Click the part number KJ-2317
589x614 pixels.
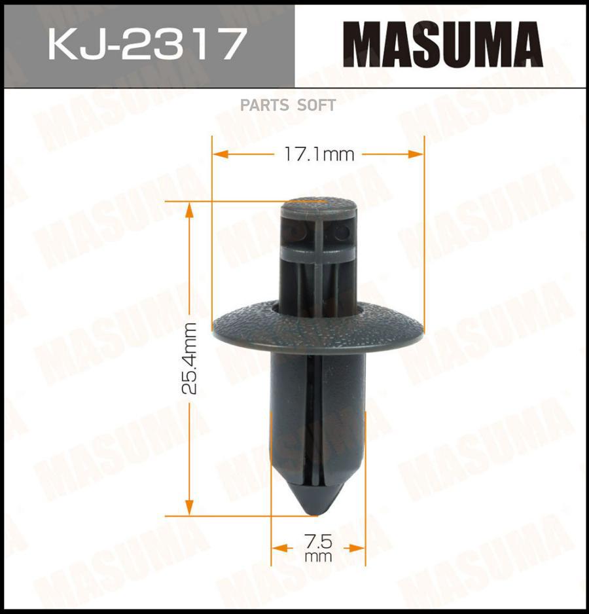point(148,43)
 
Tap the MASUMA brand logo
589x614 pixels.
point(442,44)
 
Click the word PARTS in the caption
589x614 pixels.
point(264,105)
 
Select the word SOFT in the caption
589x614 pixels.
point(317,105)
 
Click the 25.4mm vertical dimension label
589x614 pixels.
point(190,358)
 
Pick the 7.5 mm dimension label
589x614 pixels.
point(318,549)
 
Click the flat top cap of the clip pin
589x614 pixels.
point(319,205)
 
